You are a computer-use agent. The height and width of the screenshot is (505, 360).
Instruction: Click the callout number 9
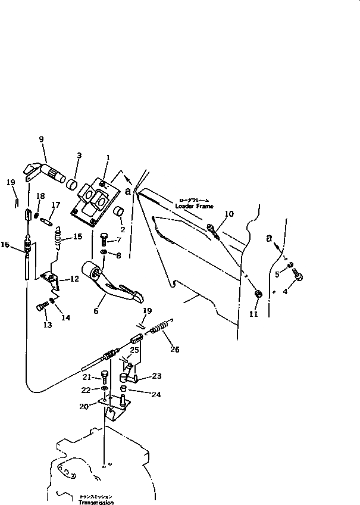[x=41, y=140]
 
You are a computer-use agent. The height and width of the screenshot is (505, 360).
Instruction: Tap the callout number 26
[x=174, y=350]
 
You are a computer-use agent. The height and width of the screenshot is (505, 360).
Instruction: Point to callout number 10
[x=230, y=213]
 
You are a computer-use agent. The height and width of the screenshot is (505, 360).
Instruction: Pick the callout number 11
[x=253, y=314]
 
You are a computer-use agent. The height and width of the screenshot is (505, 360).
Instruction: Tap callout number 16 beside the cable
[x=5, y=244]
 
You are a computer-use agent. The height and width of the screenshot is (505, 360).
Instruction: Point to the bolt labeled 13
[x=40, y=307]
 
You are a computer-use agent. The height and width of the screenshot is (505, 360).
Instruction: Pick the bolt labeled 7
[x=104, y=240]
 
